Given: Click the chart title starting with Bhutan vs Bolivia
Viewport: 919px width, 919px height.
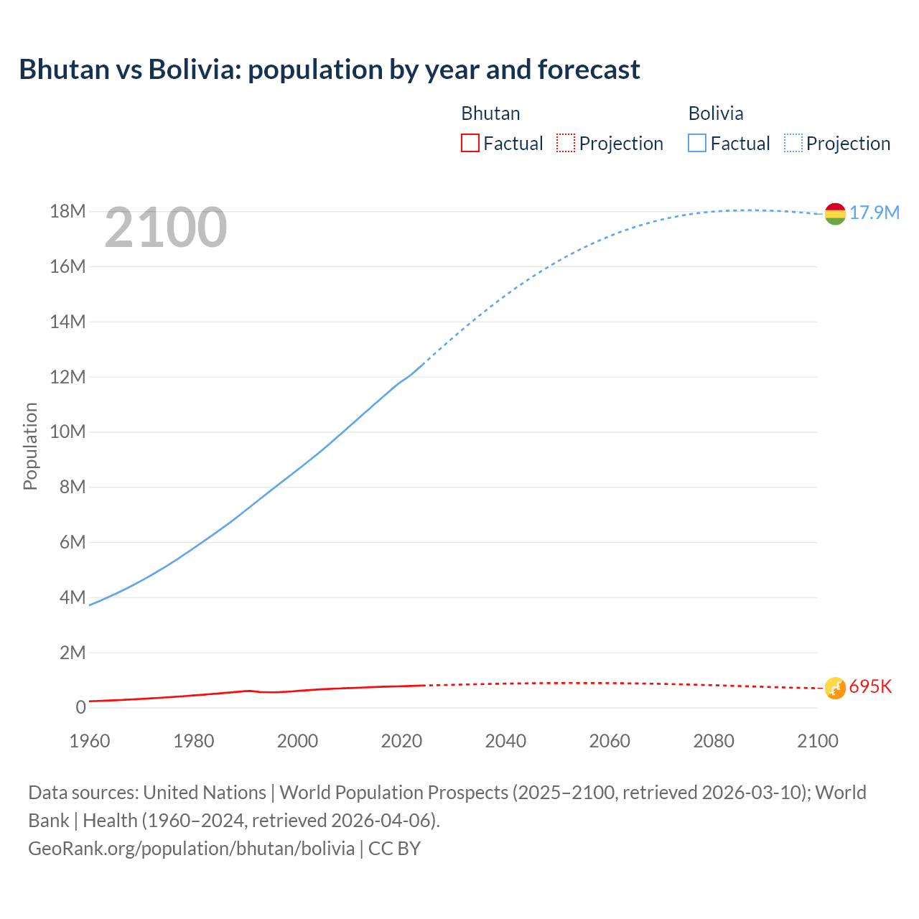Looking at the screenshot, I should pyautogui.click(x=330, y=70).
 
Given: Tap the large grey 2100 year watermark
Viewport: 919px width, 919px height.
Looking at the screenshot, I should pyautogui.click(x=166, y=228).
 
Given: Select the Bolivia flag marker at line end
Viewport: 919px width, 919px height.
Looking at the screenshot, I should pyautogui.click(x=835, y=213).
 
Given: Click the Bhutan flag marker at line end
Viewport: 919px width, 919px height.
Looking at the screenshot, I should pyautogui.click(x=835, y=688).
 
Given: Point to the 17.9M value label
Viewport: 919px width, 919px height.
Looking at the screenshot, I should pyautogui.click(x=874, y=213).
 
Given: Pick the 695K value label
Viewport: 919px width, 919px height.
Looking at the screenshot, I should pyautogui.click(x=870, y=687).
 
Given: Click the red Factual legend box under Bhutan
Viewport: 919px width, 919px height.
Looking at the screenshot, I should pyautogui.click(x=470, y=144).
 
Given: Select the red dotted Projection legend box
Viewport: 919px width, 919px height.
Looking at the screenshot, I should pyautogui.click(x=566, y=144).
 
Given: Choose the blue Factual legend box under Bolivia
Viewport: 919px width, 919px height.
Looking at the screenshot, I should pyautogui.click(x=697, y=144).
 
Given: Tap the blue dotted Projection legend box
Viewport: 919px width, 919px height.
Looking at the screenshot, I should pyautogui.click(x=793, y=144).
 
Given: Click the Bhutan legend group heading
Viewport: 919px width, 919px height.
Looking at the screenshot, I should pyautogui.click(x=490, y=113).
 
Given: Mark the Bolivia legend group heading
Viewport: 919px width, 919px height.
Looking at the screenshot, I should pyautogui.click(x=716, y=113).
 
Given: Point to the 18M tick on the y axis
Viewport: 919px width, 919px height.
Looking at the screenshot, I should pyautogui.click(x=67, y=212).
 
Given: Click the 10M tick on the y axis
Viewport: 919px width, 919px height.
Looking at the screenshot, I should pyautogui.click(x=67, y=432).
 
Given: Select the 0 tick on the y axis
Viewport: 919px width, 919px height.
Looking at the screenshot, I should pyautogui.click(x=80, y=708).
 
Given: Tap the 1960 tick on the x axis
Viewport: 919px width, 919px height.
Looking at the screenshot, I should pyautogui.click(x=90, y=741).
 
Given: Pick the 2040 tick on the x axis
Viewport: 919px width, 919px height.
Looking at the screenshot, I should pyautogui.click(x=505, y=741).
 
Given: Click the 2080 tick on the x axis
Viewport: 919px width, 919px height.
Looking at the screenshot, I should pyautogui.click(x=714, y=741).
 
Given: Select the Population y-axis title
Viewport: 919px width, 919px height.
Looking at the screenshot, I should pyautogui.click(x=30, y=447).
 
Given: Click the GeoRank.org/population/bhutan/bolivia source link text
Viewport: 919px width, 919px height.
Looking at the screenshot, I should pyautogui.click(x=192, y=849).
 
